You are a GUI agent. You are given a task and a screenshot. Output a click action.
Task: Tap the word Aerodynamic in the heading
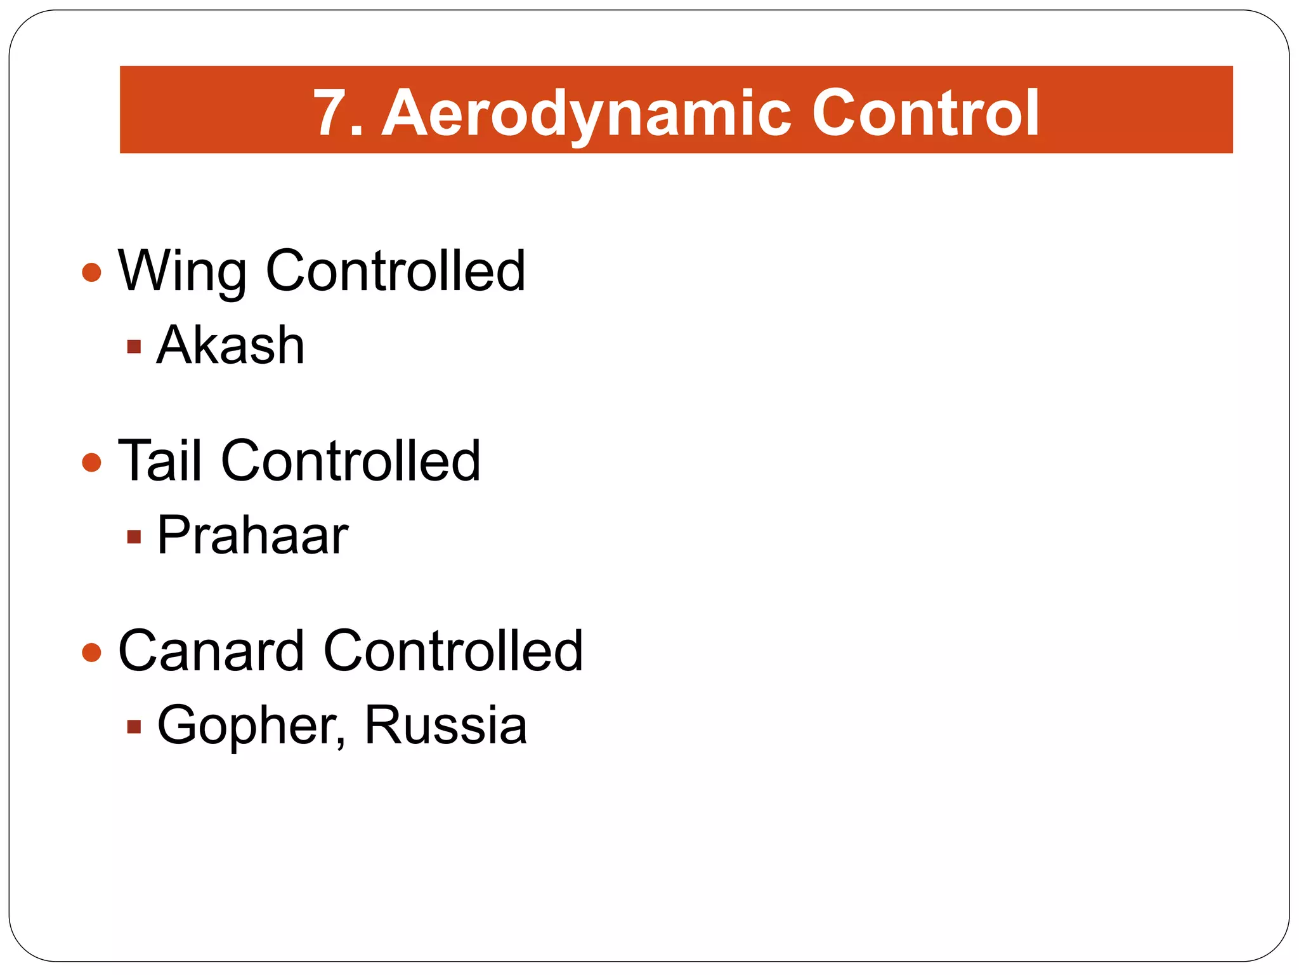click(x=587, y=114)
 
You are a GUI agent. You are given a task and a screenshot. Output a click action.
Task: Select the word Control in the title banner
click(x=926, y=114)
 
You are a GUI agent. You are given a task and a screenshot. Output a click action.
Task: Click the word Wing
click(x=182, y=271)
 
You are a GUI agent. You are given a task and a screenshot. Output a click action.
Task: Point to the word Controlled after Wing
click(x=396, y=271)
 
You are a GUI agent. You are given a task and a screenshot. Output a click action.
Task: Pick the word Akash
click(x=231, y=345)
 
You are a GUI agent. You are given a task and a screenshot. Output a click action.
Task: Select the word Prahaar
click(x=252, y=536)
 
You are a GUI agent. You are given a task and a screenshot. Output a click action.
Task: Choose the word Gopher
click(x=247, y=726)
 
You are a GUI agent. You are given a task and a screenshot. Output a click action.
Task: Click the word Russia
click(x=445, y=726)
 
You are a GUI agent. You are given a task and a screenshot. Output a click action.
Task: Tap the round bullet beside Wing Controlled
click(x=92, y=273)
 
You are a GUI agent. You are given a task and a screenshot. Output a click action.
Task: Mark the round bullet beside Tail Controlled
click(x=92, y=462)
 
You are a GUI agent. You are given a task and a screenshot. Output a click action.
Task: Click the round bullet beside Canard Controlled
click(x=92, y=652)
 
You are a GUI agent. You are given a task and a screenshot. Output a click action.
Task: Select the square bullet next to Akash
click(x=134, y=347)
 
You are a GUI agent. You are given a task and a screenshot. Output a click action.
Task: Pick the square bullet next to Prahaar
click(x=134, y=537)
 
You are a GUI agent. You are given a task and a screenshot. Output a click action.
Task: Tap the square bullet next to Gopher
click(x=134, y=726)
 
